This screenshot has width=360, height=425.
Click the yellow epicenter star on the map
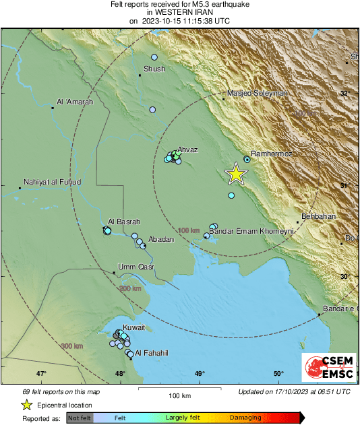coord(235,174)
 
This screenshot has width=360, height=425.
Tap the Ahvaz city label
coord(187,150)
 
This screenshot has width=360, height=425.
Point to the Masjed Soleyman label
coord(258,92)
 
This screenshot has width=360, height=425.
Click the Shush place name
coord(155,69)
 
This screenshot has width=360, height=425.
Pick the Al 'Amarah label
coord(75,102)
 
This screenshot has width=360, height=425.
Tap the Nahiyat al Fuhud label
coord(52,182)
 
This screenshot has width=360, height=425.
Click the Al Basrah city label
coord(124,222)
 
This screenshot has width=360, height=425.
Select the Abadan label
coord(161,239)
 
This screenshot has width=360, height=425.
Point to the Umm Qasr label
coord(137,267)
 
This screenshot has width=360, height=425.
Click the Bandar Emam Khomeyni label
coord(252,231)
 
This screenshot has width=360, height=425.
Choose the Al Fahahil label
coord(150,353)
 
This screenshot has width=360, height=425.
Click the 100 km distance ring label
coord(188,231)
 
